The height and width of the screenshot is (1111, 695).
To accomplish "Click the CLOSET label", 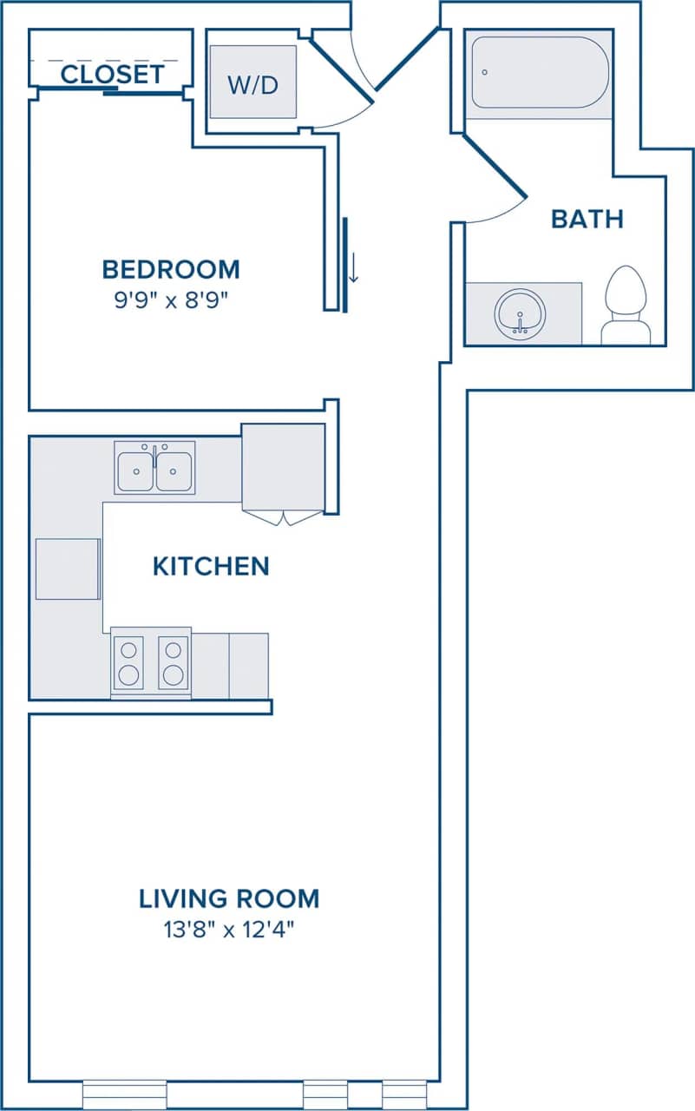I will pyautogui.click(x=113, y=75).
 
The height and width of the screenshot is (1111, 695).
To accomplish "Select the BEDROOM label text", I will pyautogui.click(x=171, y=269).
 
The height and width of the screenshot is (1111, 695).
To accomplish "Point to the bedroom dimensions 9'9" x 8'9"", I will pyautogui.click(x=171, y=300).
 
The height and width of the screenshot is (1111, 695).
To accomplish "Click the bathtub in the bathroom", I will pyautogui.click(x=540, y=72).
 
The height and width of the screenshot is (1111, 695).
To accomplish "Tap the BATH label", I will pyautogui.click(x=587, y=219).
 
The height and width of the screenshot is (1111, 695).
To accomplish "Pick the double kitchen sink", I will pyautogui.click(x=154, y=467).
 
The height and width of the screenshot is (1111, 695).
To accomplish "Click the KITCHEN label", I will pyautogui.click(x=211, y=567).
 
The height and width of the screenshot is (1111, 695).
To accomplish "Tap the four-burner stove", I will pyautogui.click(x=150, y=662).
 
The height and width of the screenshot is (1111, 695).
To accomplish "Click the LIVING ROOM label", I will pyautogui.click(x=229, y=898).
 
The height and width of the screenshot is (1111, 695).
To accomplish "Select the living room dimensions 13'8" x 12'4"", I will pyautogui.click(x=229, y=930).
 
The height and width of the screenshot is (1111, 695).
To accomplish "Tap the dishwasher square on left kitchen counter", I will pyautogui.click(x=67, y=569).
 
